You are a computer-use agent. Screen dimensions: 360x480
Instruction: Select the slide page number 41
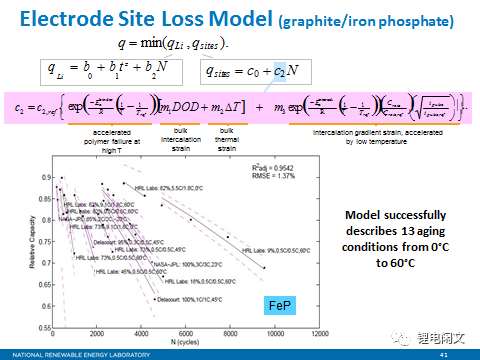(x=458, y=353)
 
